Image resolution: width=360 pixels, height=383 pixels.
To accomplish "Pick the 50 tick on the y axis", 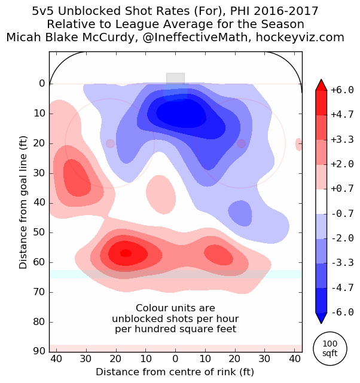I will point(39,232).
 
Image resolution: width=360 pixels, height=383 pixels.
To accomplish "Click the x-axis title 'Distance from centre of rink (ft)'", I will point(175,372).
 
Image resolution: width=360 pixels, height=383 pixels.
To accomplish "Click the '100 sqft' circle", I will point(330,349).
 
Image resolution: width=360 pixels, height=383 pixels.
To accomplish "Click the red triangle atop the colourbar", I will point(321,85).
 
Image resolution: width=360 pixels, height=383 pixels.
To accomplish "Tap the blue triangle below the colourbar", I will point(321,317).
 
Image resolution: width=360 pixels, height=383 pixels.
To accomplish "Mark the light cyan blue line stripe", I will point(175,274).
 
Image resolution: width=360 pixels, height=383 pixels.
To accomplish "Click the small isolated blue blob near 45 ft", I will point(240,212).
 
